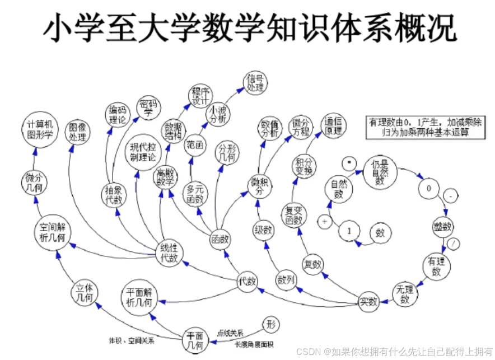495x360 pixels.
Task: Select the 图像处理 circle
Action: point(77,132)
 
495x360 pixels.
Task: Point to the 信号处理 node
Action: point(255,83)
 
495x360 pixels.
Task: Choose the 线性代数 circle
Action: point(169,253)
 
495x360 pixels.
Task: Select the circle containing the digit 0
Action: point(428,189)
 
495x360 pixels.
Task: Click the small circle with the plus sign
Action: point(324,221)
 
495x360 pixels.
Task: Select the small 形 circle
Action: point(271,325)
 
